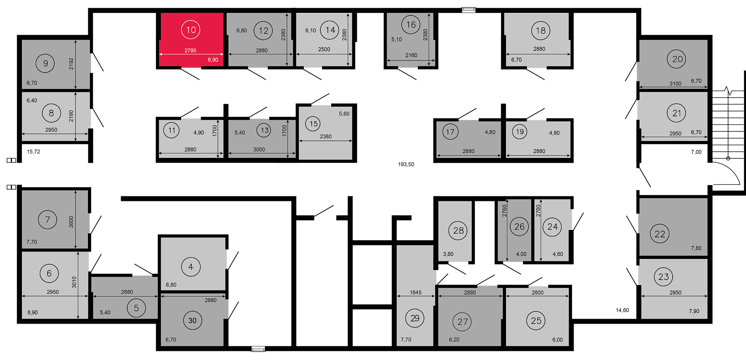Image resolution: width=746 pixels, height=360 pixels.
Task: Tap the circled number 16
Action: click(x=411, y=25)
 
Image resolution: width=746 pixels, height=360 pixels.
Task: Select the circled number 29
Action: click(x=415, y=318)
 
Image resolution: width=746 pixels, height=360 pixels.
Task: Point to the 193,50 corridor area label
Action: click(x=406, y=164)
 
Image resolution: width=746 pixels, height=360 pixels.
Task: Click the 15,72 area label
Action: click(x=34, y=152)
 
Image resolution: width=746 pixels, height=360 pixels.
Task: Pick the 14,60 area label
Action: click(x=622, y=310)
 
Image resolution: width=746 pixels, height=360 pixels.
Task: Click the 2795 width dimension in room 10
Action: click(x=190, y=51)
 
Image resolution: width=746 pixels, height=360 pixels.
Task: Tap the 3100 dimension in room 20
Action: click(x=675, y=84)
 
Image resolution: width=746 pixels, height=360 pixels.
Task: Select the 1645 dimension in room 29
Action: click(x=416, y=292)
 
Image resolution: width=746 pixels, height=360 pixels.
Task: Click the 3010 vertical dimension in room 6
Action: click(x=74, y=282)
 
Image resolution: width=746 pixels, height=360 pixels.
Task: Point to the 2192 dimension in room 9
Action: click(x=71, y=63)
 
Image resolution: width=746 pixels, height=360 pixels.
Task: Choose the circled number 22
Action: click(x=660, y=234)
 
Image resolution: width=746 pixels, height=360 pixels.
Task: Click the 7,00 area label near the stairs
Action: click(x=696, y=152)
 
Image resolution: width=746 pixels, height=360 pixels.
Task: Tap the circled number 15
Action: click(x=314, y=124)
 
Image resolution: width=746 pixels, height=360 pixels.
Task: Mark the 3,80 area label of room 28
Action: click(x=448, y=254)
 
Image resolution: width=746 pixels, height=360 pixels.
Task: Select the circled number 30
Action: click(x=192, y=320)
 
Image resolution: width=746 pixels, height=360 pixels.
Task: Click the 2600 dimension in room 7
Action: click(x=71, y=222)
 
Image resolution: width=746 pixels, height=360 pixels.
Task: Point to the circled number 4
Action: click(x=191, y=267)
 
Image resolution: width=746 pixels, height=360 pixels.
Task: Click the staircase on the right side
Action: click(x=728, y=124)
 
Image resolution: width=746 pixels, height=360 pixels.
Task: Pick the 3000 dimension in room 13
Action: click(x=259, y=150)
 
